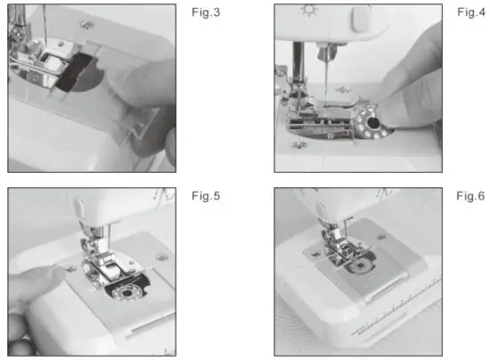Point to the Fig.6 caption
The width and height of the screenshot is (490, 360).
coord(470,197)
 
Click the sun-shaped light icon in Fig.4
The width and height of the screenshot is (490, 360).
coord(308,11)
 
